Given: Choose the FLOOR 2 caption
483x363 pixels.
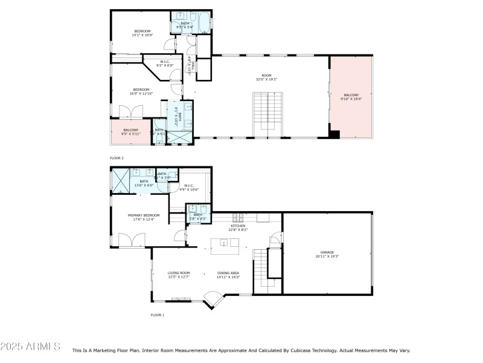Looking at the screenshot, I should (x=117, y=158).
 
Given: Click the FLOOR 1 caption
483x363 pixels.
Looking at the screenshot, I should (x=157, y=315).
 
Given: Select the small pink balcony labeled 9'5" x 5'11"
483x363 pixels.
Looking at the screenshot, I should (x=131, y=132).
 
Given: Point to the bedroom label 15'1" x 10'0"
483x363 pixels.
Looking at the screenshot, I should (x=142, y=33).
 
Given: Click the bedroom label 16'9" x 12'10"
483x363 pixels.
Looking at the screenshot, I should (x=141, y=91).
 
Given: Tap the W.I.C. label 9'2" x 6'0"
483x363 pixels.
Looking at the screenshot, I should (x=165, y=63).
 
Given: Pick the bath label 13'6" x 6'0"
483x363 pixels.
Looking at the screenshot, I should (x=144, y=183).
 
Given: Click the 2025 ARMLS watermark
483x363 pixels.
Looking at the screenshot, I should (x=30, y=347).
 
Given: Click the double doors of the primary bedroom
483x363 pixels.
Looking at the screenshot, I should (x=131, y=240).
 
